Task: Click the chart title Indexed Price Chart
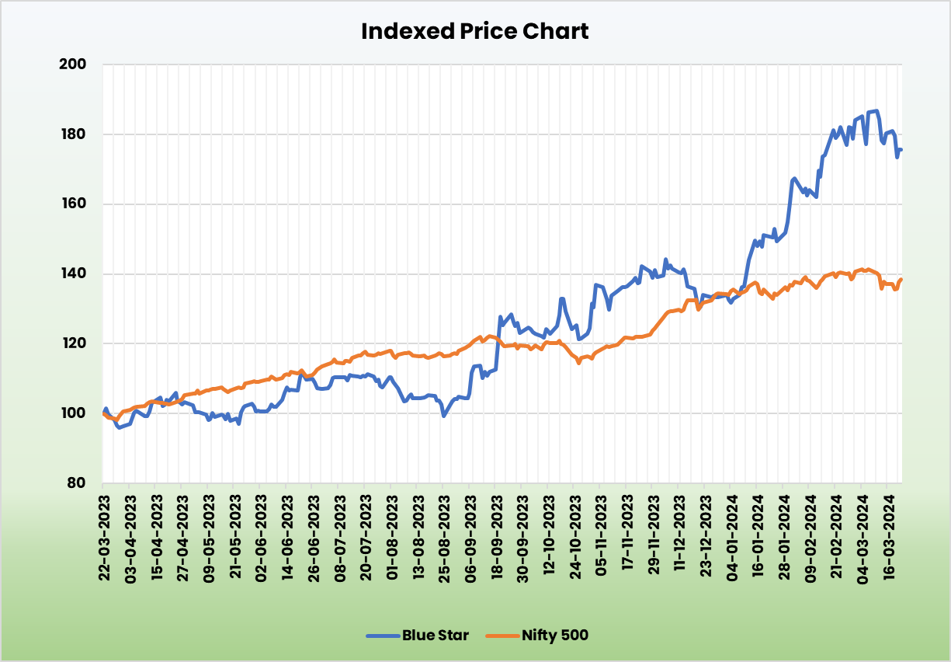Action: (x=475, y=31)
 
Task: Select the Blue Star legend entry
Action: (x=435, y=636)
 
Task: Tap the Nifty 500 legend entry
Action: (x=555, y=636)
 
